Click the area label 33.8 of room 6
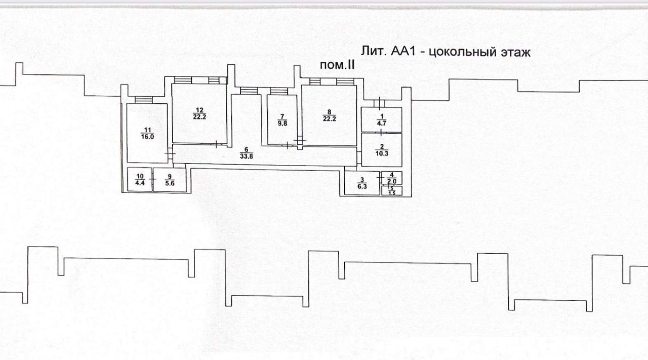point(246,156)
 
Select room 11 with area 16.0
point(147,133)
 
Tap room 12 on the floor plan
point(199,114)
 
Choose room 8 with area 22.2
point(329,115)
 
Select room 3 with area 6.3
point(362,183)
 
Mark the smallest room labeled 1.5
point(391,191)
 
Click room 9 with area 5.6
point(169,179)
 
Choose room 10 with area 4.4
point(139,179)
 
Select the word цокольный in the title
point(460,52)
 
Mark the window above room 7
point(278,91)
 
